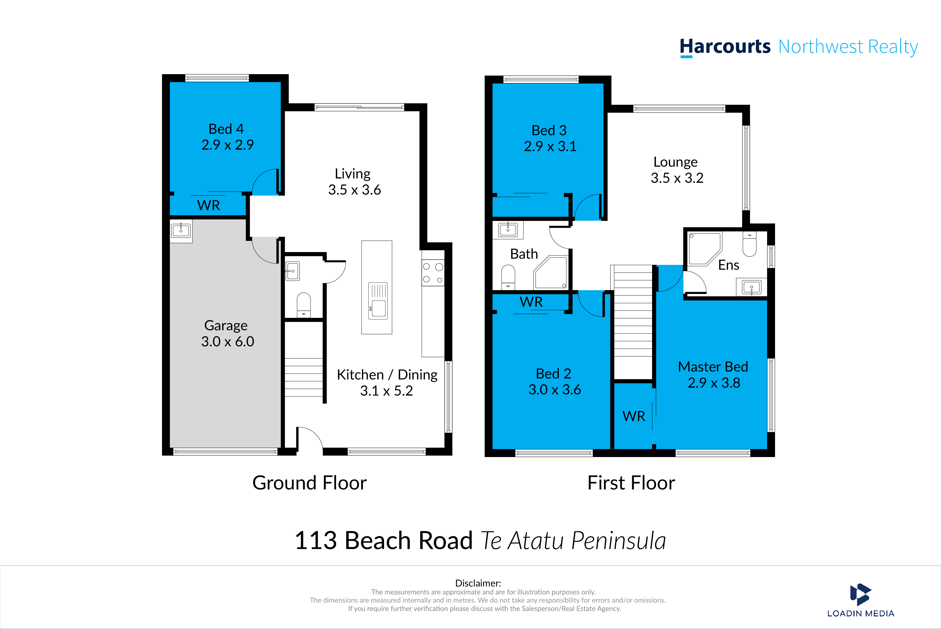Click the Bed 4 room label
pyautogui.click(x=226, y=129)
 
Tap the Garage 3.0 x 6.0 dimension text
pyautogui.click(x=227, y=341)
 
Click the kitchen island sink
pyautogui.click(x=378, y=301)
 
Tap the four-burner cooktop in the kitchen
pyautogui.click(x=433, y=273)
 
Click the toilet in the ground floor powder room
pyautogui.click(x=304, y=305)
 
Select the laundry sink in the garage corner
pyautogui.click(x=181, y=231)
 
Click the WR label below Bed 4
pyautogui.click(x=208, y=205)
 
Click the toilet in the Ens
pyautogui.click(x=749, y=244)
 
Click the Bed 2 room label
pyautogui.click(x=554, y=373)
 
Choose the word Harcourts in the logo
pyautogui.click(x=725, y=47)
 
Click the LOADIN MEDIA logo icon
pyautogui.click(x=860, y=594)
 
